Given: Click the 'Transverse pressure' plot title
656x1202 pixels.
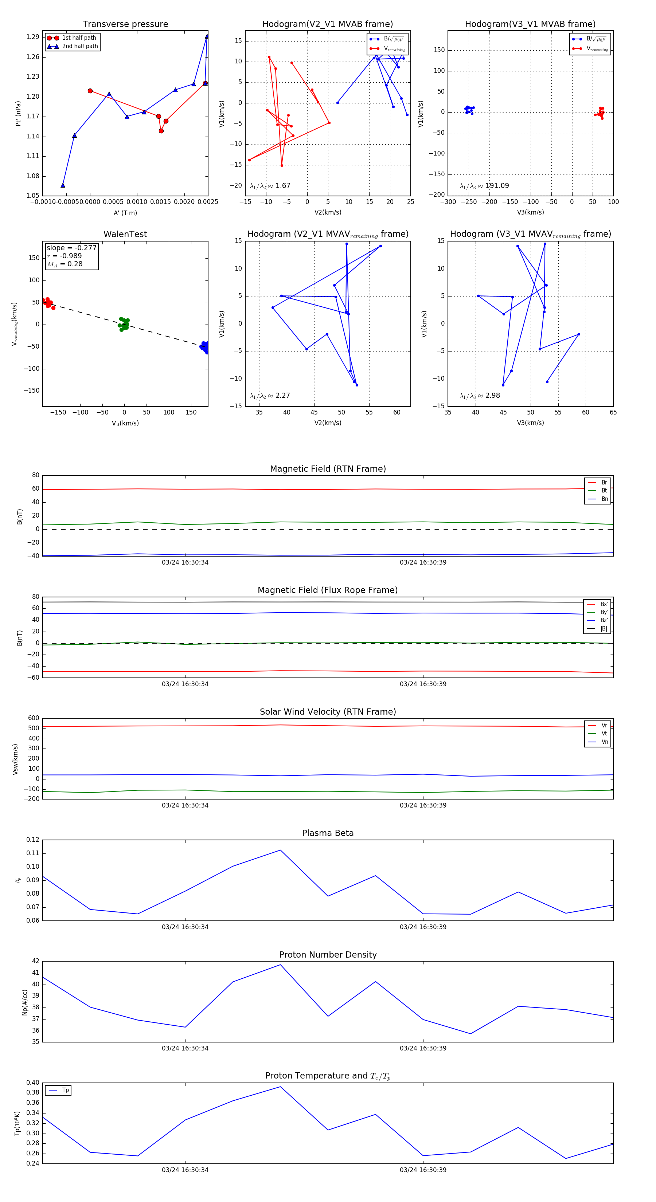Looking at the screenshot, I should point(125,24).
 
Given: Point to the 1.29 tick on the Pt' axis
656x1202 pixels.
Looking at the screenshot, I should point(33,37).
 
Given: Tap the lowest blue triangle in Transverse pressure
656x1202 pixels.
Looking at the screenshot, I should point(63,185).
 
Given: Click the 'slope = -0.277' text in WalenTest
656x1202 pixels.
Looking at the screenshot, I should point(71,248).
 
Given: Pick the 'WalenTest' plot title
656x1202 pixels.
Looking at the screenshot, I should point(125,234).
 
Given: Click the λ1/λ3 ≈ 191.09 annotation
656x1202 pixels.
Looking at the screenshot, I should point(484,186).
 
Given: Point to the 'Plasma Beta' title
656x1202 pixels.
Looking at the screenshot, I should point(328,833).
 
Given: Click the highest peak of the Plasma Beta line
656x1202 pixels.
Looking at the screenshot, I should point(280,850).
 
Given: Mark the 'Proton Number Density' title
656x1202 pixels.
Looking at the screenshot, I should point(328,955).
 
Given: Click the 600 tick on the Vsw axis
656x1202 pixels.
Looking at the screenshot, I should point(34,718).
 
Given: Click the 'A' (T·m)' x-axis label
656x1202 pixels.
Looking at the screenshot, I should point(125,213).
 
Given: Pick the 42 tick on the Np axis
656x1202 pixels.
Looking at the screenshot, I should point(35,961).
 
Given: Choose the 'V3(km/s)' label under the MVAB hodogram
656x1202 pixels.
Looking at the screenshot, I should point(530,212).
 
